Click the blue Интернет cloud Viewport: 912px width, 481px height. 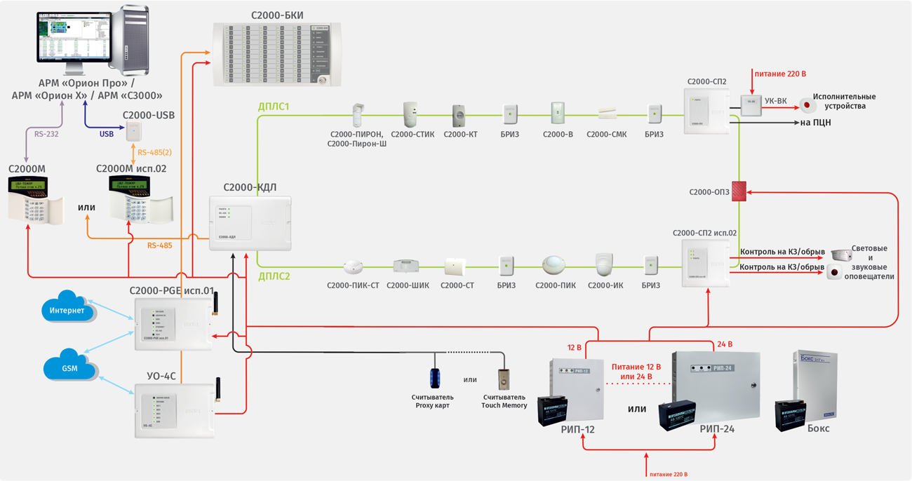(x=68, y=310)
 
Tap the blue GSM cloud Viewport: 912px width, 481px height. (x=69, y=367)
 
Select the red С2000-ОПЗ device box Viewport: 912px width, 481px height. (x=739, y=191)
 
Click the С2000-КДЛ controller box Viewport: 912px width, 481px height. (x=250, y=224)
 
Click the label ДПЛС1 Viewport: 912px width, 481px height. (x=274, y=107)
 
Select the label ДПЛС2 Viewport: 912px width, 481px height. (x=274, y=277)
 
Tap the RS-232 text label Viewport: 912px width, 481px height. (x=47, y=134)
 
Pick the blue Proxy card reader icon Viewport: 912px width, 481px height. (x=436, y=378)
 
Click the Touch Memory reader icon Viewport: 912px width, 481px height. (x=504, y=379)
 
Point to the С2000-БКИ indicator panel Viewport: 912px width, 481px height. (x=278, y=54)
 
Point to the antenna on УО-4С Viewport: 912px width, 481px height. (x=217, y=390)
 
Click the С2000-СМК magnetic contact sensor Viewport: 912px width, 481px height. (x=608, y=114)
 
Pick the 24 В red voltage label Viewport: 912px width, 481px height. (x=724, y=344)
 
